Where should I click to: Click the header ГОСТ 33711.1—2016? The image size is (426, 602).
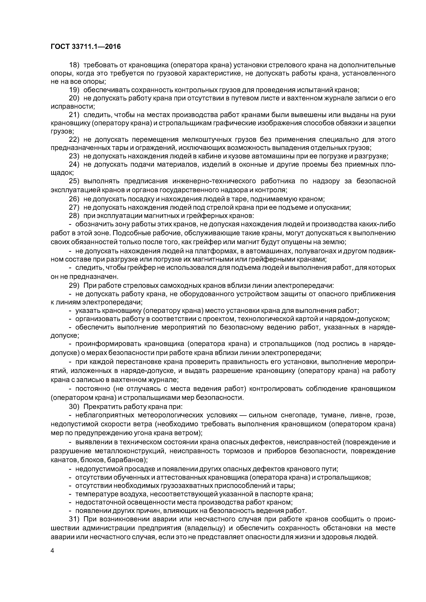click(x=85, y=47)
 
